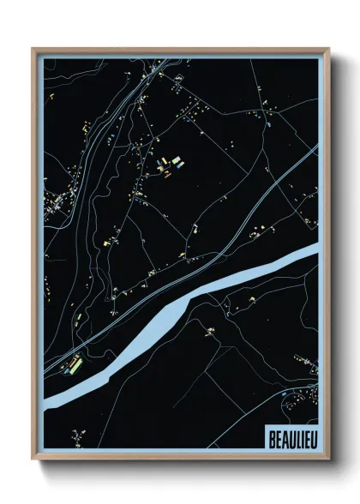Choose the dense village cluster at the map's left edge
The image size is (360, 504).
click(58, 204)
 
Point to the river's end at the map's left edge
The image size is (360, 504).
click(49, 399)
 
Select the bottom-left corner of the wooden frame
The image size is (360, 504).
click(33, 467)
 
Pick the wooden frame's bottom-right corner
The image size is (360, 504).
click(329, 467)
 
